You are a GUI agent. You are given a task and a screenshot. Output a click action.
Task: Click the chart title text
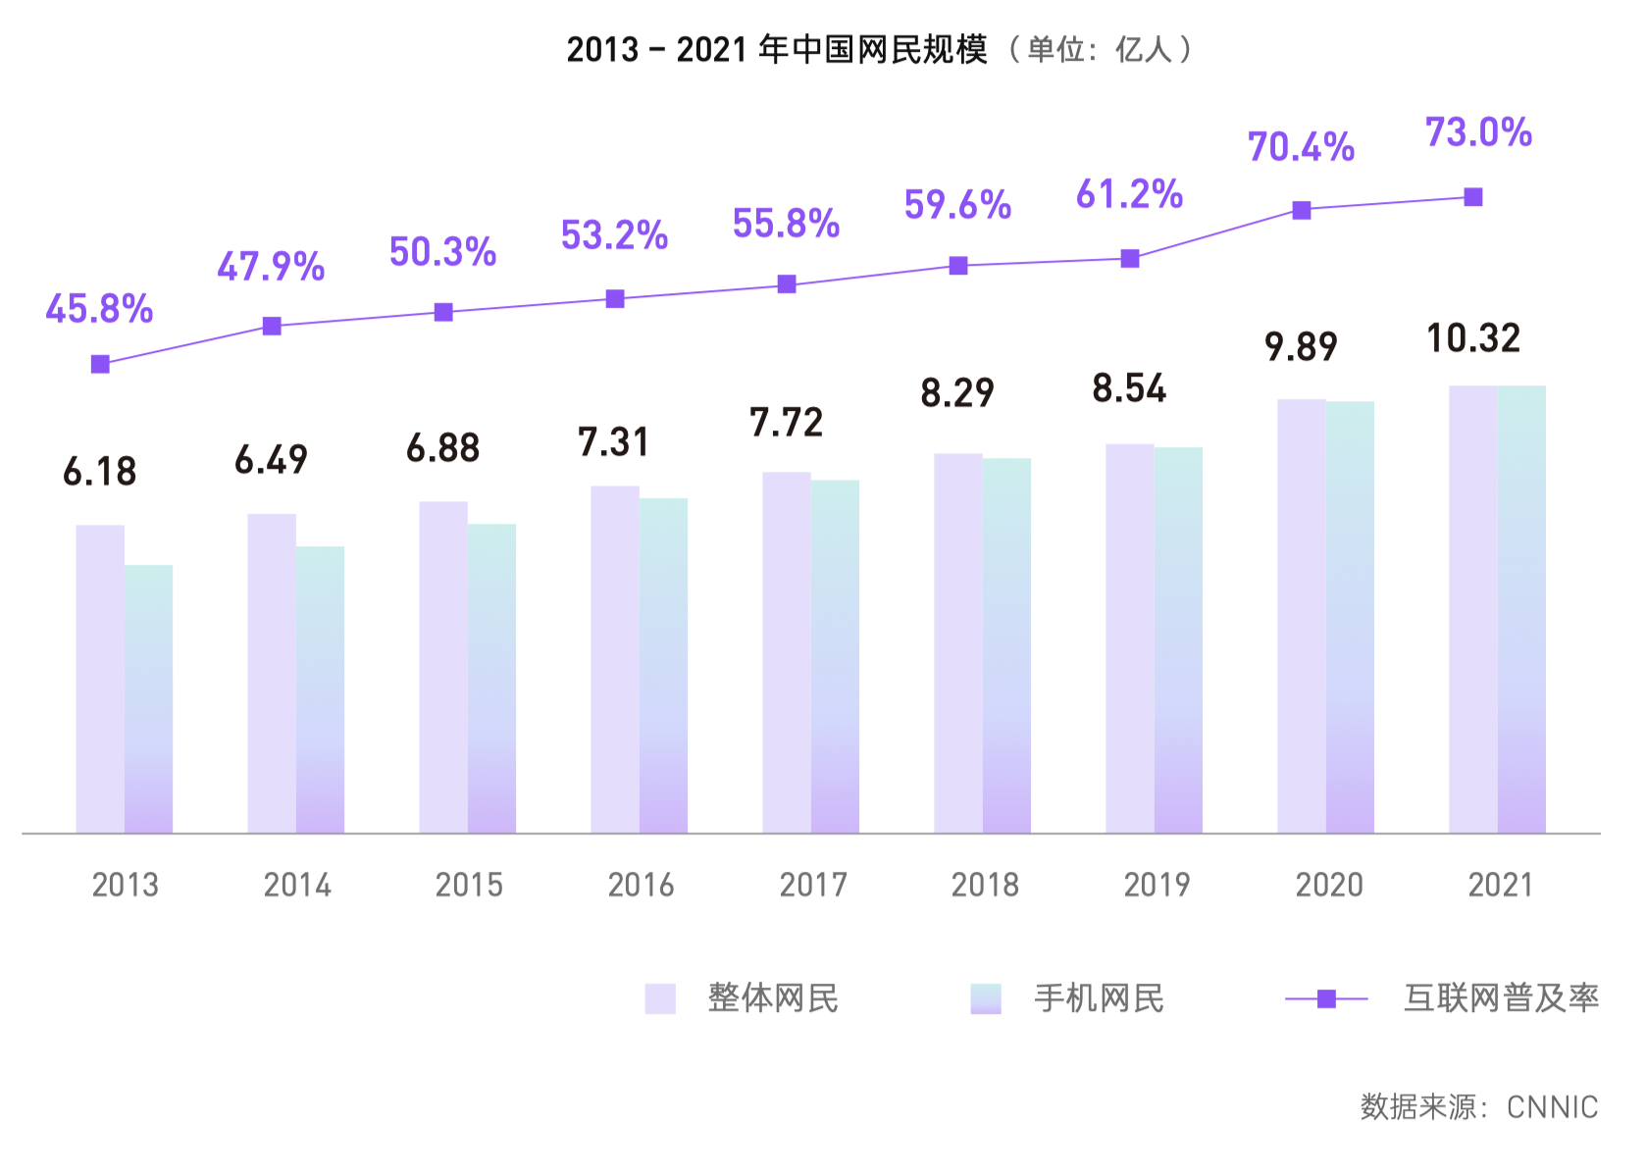point(878,48)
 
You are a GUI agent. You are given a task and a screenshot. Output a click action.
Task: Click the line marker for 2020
point(1301,210)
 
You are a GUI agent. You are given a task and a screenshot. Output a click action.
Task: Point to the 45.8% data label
point(99,309)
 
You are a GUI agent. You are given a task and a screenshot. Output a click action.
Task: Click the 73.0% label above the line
point(1477,132)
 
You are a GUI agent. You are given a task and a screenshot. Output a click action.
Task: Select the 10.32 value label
point(1472,338)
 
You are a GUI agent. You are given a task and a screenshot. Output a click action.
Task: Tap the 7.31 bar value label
point(613,442)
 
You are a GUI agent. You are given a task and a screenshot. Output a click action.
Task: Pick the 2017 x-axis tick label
point(812,885)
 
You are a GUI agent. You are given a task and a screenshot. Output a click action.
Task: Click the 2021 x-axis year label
point(1500,885)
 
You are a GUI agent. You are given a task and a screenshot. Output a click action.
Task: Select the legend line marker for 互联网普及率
point(1326,998)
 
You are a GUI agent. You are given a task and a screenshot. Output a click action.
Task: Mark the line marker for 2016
point(615,298)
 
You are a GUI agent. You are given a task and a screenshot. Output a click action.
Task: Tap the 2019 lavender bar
point(1129,638)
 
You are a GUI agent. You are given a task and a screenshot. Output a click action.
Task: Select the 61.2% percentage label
point(1129,194)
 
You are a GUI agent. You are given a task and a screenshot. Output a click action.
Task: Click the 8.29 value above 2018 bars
point(956,393)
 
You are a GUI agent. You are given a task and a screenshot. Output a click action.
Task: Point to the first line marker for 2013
point(100,364)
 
